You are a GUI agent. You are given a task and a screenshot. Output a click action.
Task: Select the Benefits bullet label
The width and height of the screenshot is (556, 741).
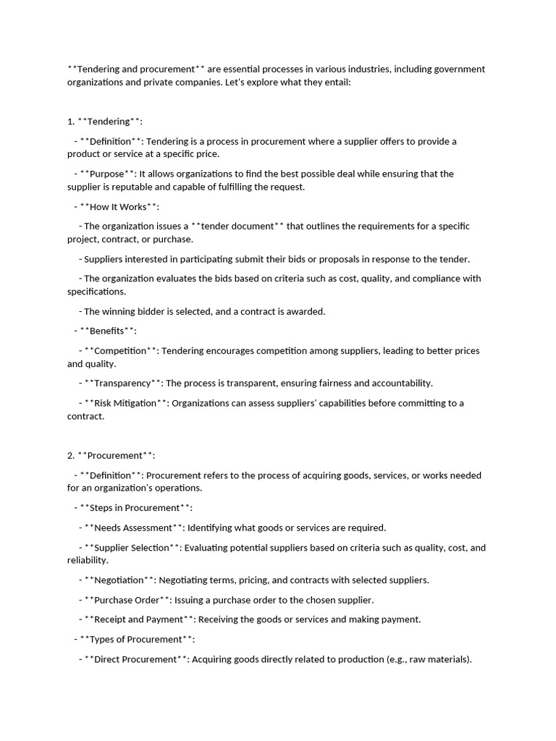(x=108, y=331)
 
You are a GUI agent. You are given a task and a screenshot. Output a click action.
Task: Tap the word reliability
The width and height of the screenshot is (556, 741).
(x=87, y=560)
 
